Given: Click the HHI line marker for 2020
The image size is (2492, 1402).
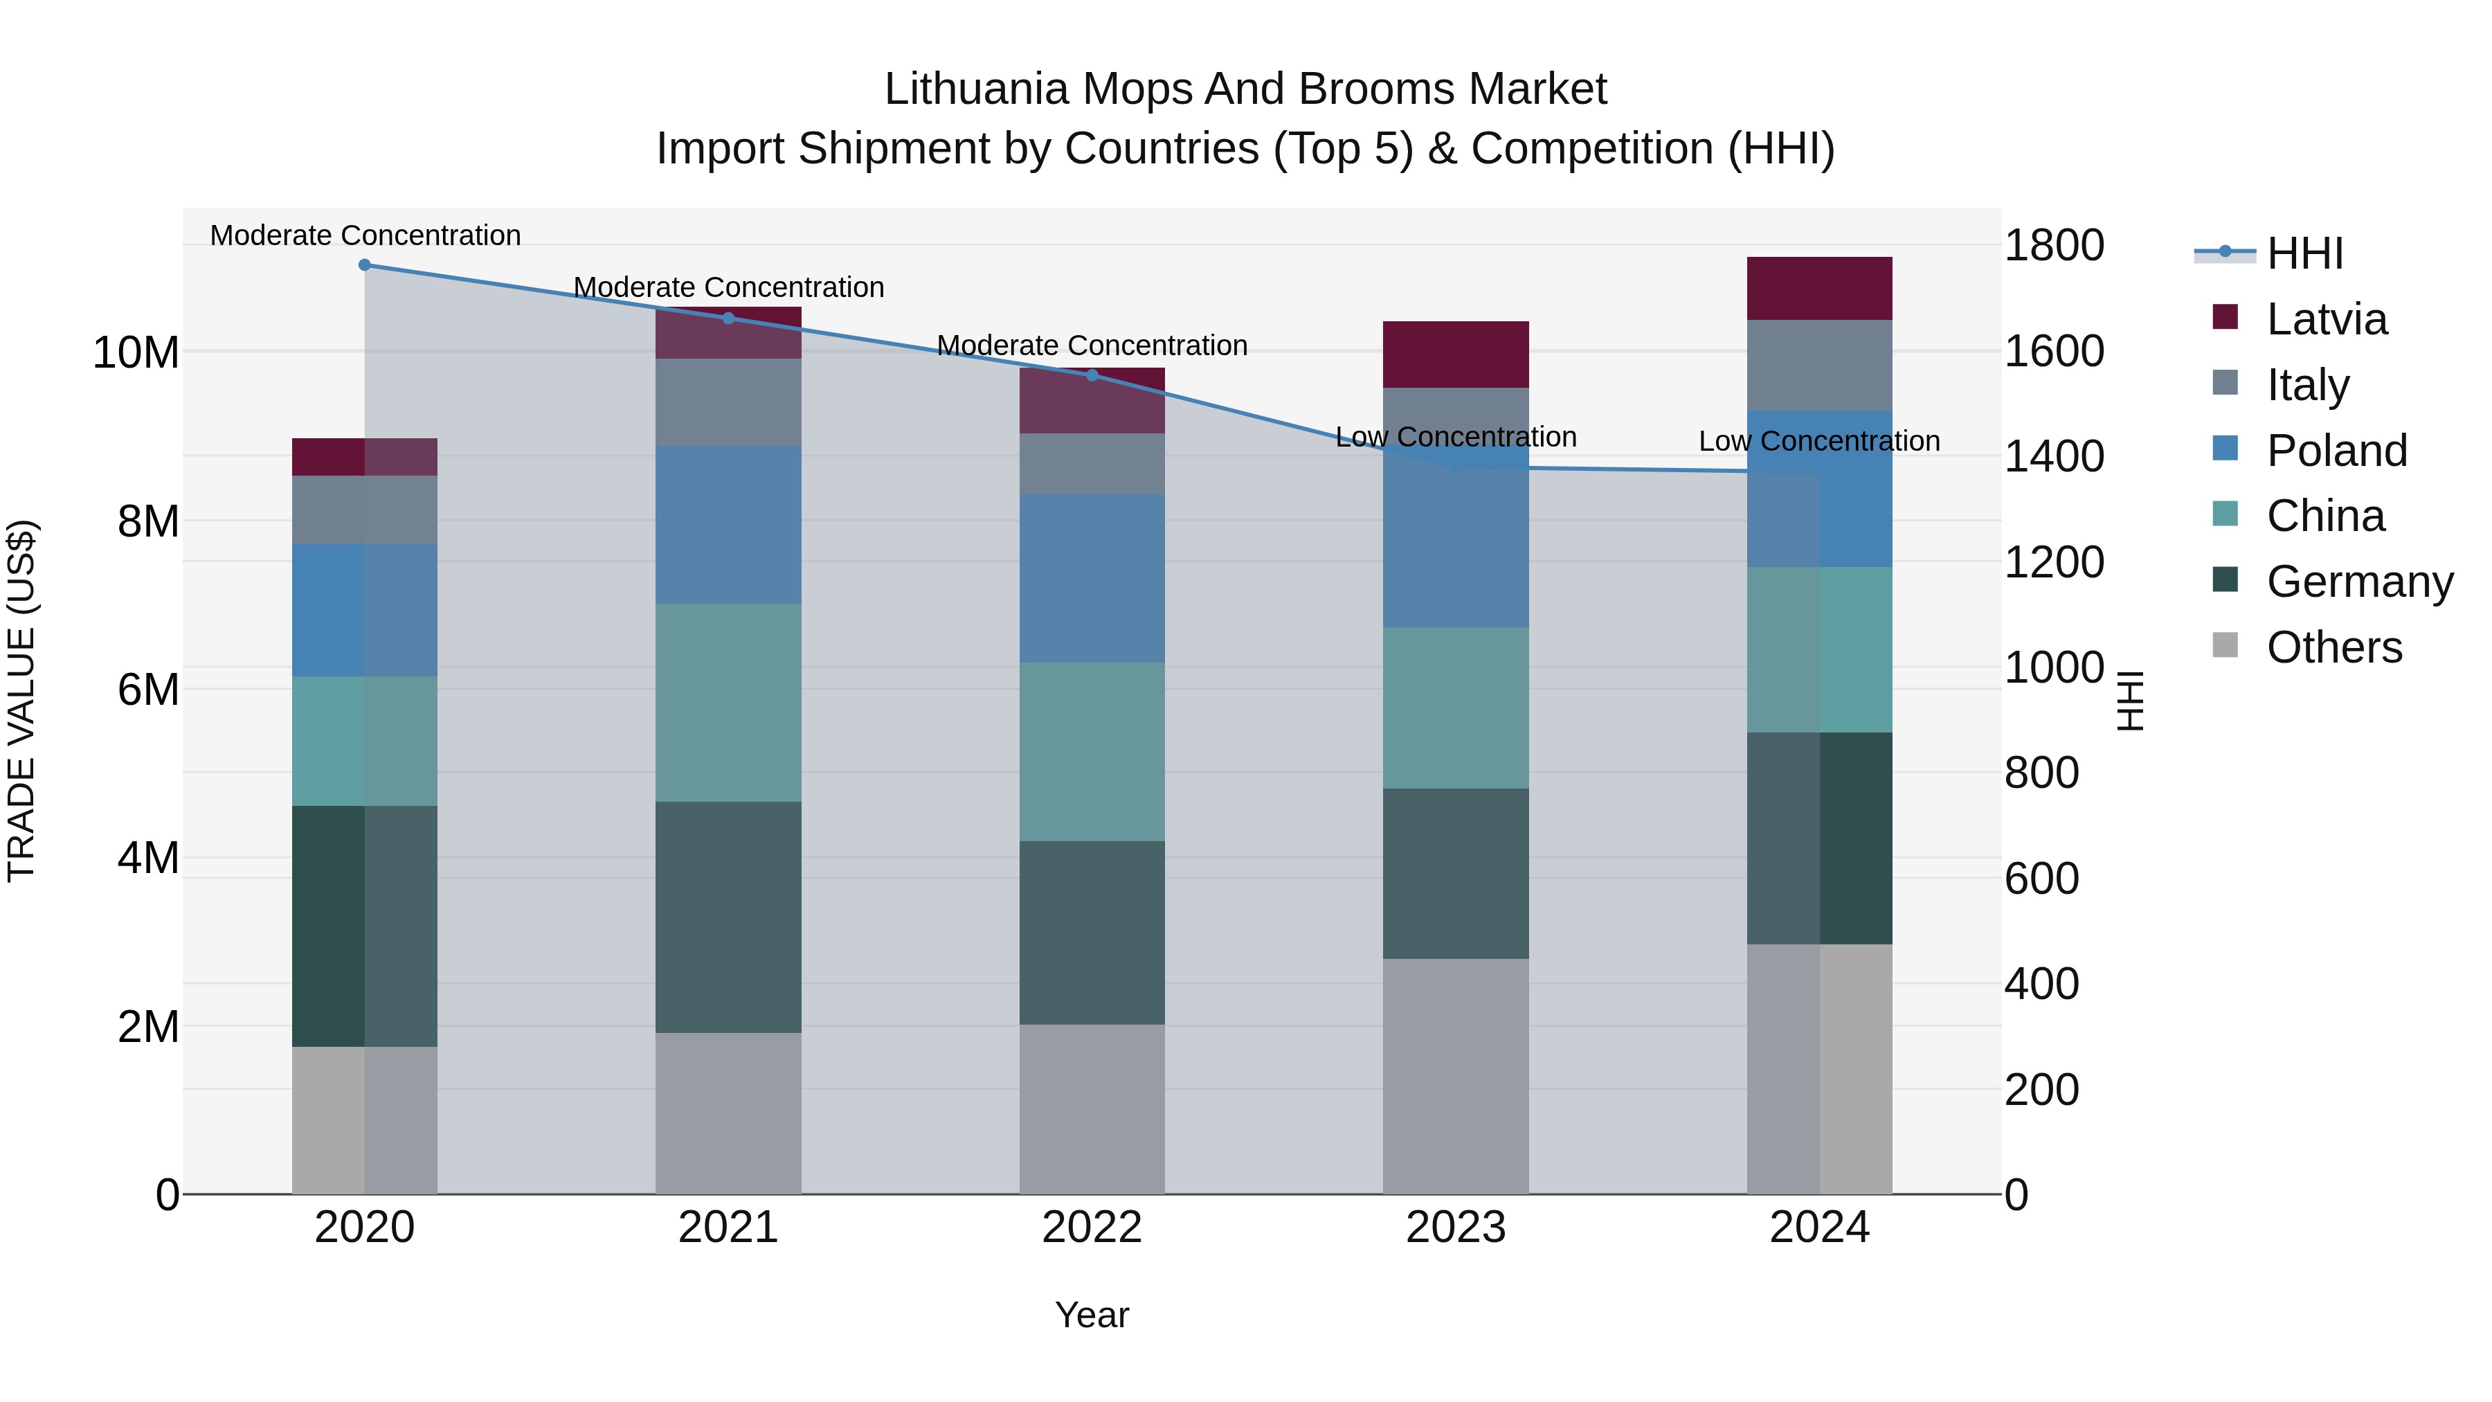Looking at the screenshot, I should point(365,265).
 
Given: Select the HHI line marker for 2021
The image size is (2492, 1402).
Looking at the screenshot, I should point(728,318).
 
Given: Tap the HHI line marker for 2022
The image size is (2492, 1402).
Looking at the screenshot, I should point(1092,375).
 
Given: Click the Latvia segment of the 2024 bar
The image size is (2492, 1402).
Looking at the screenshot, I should point(1820,288).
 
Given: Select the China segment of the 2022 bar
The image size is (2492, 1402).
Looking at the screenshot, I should point(1092,752).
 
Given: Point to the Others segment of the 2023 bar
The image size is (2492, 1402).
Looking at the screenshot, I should point(1456,1076).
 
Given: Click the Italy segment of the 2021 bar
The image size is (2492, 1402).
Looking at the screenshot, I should point(728,402).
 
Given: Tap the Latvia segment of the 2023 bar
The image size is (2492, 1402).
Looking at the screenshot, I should point(1456,354).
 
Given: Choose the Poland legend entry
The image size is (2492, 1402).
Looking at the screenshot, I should point(2336,451).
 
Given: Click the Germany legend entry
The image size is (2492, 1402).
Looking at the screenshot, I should point(2358,582).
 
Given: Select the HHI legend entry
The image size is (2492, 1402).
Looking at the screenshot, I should point(2304,253).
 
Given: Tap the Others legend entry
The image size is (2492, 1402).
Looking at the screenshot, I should point(2333,647).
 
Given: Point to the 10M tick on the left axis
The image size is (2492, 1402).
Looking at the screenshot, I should point(136,352).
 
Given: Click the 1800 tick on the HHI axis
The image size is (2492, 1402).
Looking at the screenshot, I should point(2053,245).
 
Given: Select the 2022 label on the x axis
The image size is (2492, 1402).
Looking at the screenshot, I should point(1092,1228).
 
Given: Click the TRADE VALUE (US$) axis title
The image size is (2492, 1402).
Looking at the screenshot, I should point(21,701).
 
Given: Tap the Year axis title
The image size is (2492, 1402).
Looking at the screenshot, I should point(1092,1315).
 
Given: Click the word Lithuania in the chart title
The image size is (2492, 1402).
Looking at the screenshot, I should point(976,89).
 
